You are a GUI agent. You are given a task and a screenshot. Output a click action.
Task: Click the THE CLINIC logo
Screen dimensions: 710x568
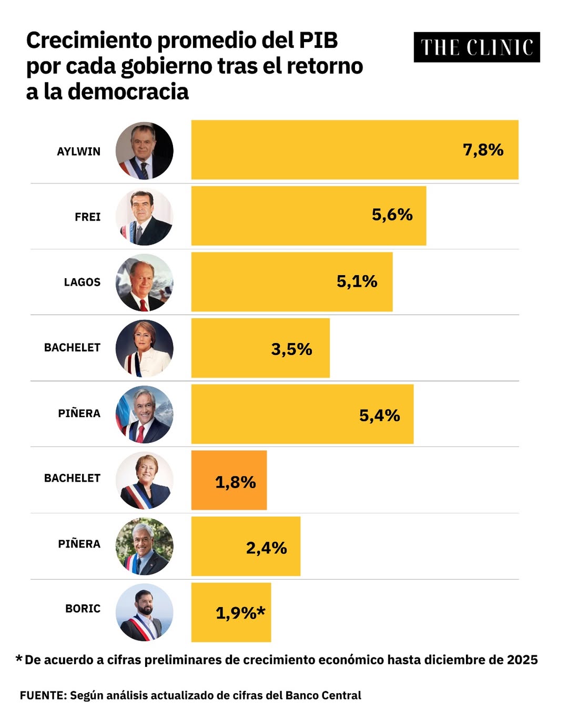tap(476, 47)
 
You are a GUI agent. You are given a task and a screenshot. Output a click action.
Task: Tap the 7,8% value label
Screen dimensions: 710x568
tap(483, 150)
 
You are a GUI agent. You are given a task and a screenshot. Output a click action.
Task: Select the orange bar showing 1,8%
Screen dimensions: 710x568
tap(229, 480)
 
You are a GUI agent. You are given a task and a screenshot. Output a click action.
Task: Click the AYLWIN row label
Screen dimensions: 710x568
tap(78, 151)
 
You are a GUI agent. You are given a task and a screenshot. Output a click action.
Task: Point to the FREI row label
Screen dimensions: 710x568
tap(87, 217)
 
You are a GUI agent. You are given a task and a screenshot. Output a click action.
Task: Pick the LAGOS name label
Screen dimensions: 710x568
tap(82, 282)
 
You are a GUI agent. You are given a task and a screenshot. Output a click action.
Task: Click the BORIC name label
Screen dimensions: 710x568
tap(83, 608)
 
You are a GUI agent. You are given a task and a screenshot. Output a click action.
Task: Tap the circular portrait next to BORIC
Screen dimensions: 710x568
tap(144, 612)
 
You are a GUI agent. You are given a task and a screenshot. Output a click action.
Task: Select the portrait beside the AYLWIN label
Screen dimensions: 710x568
tap(144, 151)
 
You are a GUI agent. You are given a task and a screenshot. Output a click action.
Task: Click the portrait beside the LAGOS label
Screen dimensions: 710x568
tap(144, 282)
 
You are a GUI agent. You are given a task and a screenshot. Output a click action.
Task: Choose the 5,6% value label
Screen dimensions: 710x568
tap(392, 215)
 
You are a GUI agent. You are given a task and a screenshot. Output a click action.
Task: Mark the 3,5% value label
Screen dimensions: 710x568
tap(291, 349)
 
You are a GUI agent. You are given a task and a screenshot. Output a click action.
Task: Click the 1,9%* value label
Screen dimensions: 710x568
tap(240, 613)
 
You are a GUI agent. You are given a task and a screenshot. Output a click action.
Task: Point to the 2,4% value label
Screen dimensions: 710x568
tap(266, 548)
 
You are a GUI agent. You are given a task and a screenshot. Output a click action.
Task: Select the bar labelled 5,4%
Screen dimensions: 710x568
tap(302, 414)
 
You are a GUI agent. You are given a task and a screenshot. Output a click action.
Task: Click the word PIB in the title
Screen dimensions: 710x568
tap(318, 40)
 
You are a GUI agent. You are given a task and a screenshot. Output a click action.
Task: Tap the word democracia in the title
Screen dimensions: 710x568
tap(128, 92)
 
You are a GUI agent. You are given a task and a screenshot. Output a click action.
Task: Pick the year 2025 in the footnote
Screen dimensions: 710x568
tap(522, 660)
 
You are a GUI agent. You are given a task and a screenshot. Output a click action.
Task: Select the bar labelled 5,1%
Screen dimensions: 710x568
tap(291, 282)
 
